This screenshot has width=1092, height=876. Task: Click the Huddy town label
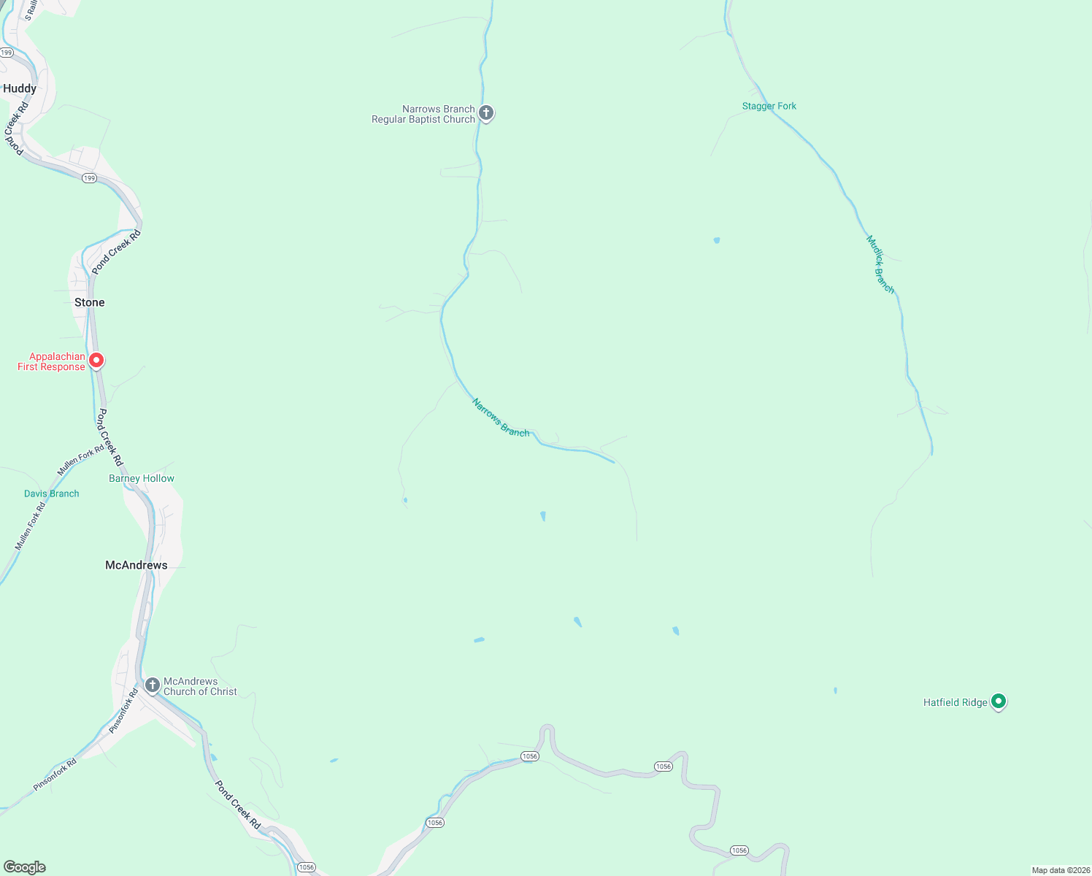click(x=20, y=88)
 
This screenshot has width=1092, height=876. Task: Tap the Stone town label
click(x=89, y=302)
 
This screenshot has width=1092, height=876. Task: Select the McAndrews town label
click(x=136, y=565)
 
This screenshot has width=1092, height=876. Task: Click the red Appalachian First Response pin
click(x=96, y=361)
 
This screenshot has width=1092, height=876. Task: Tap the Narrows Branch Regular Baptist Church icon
click(x=486, y=113)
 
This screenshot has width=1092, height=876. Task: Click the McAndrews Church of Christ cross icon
click(x=153, y=685)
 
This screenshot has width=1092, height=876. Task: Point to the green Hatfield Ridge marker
click(x=999, y=702)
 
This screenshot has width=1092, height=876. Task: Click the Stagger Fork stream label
click(x=769, y=106)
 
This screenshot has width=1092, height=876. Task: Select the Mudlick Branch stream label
click(x=880, y=264)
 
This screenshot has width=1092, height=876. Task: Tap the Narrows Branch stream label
click(x=501, y=418)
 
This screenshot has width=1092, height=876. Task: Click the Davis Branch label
click(x=51, y=493)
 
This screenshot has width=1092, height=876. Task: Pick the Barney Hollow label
click(x=142, y=479)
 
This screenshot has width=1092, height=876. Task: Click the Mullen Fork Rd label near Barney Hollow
click(x=80, y=459)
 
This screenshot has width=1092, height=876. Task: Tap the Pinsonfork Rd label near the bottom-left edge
click(x=55, y=775)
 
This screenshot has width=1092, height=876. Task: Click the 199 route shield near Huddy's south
click(x=89, y=178)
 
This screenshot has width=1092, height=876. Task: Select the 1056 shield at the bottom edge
click(x=306, y=867)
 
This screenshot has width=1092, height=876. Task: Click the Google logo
click(x=25, y=867)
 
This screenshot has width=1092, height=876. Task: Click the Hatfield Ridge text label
click(x=955, y=702)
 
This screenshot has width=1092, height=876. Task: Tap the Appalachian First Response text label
click(x=51, y=361)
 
